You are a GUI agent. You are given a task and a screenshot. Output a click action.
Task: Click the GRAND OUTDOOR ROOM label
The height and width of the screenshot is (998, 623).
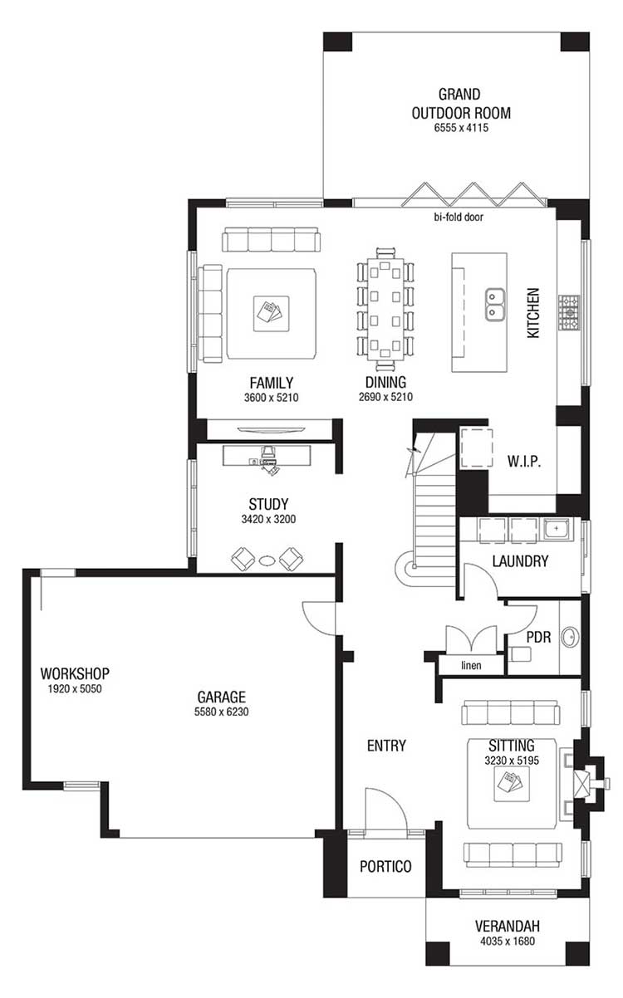point(461,104)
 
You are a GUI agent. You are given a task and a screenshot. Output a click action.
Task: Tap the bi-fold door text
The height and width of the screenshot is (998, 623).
point(459,217)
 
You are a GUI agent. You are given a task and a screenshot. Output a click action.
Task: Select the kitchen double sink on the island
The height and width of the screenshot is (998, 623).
point(494,305)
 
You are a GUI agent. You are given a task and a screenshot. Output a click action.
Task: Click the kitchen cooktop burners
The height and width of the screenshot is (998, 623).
point(569,312)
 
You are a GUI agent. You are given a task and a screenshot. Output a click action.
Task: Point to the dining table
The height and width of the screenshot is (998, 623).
point(385,309)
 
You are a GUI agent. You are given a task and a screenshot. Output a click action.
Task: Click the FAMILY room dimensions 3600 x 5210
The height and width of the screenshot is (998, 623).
point(271,398)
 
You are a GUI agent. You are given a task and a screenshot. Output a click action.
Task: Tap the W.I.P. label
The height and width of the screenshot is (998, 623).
point(524,461)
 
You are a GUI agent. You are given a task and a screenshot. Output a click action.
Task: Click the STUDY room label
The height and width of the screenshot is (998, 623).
point(268,504)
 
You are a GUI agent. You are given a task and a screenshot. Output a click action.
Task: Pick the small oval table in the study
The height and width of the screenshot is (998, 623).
point(267,560)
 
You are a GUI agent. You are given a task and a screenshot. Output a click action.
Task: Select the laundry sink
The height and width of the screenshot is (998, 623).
point(556,529)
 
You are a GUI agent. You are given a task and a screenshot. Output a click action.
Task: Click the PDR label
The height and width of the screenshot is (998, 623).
point(538,637)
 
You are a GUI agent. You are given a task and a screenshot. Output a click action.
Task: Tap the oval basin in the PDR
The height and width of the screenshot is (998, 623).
point(570,637)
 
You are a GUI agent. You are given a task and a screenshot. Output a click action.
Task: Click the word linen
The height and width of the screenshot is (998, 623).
point(471,666)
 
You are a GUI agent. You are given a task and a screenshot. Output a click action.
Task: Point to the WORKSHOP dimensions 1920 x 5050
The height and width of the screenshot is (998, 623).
point(75,689)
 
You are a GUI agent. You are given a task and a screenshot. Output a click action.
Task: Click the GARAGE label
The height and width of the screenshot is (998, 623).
point(222,697)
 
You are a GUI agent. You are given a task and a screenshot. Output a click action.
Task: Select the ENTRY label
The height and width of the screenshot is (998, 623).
point(386,746)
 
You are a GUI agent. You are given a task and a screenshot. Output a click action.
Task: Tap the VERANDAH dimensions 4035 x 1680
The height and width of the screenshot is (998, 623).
point(508,942)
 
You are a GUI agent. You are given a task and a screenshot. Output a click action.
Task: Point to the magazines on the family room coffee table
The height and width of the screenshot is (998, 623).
point(271,312)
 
